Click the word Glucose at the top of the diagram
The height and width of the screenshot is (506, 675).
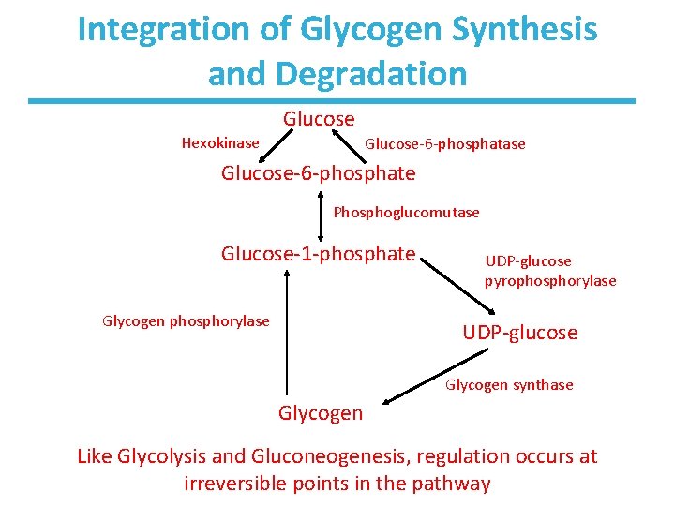coord(319,119)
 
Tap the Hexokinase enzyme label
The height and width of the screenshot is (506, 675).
coord(220,143)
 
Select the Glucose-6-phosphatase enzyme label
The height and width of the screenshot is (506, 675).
coord(444,144)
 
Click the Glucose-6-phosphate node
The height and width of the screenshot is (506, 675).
coord(318,173)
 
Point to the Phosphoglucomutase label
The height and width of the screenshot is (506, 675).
coord(406,213)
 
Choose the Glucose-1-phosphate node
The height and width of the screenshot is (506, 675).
coord(318,253)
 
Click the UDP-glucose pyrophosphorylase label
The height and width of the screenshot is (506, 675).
coord(550,271)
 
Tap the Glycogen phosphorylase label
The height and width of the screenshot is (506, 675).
coord(186,321)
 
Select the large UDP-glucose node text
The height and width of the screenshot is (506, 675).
coord(520,333)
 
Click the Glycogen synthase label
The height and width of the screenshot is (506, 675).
coord(509,385)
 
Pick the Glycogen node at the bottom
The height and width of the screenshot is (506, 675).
coord(321,413)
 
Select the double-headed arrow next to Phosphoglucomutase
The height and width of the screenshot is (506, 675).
coord(322,213)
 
